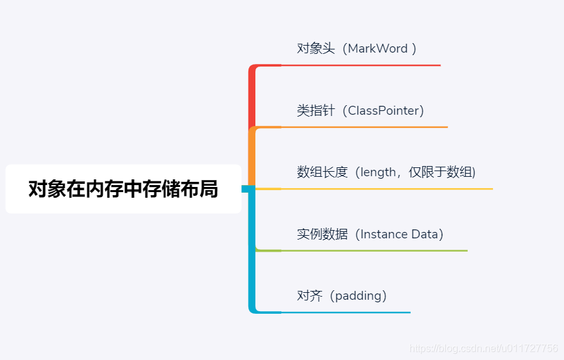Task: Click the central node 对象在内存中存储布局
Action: coord(123,189)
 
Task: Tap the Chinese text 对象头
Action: coord(316,49)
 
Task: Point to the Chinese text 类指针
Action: coord(316,111)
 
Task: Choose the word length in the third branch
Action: coord(378,172)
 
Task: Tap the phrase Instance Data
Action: coord(399,235)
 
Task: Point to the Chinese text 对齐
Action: coord(309,296)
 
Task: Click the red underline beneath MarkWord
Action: coord(361,65)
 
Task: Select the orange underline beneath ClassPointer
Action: coord(364,127)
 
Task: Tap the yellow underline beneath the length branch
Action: coord(387,189)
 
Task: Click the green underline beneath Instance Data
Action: coord(374,251)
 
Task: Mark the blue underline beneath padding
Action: coord(345,312)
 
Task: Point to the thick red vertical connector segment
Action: coord(252,95)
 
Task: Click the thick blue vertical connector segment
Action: coord(252,254)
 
